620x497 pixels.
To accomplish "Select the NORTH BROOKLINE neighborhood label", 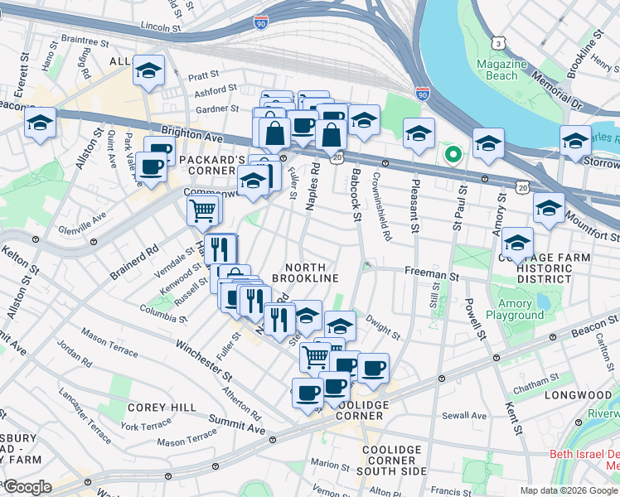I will click(312, 273).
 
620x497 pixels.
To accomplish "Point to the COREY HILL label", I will click(162, 408).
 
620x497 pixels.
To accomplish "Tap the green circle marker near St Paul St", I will click(453, 154).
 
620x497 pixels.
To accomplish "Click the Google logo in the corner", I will click(27, 487).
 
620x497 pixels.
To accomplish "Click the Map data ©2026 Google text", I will click(568, 490).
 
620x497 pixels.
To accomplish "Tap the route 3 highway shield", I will click(498, 42).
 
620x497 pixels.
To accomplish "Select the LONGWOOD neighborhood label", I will click(577, 396).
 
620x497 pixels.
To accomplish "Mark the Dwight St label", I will click(383, 333).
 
